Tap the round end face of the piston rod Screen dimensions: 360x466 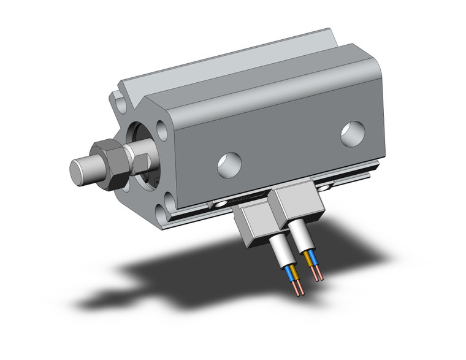(x=78, y=170)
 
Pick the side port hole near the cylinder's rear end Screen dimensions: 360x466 (x=353, y=134)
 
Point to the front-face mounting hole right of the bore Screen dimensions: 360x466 (x=162, y=130)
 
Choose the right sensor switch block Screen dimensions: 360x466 (x=298, y=201)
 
